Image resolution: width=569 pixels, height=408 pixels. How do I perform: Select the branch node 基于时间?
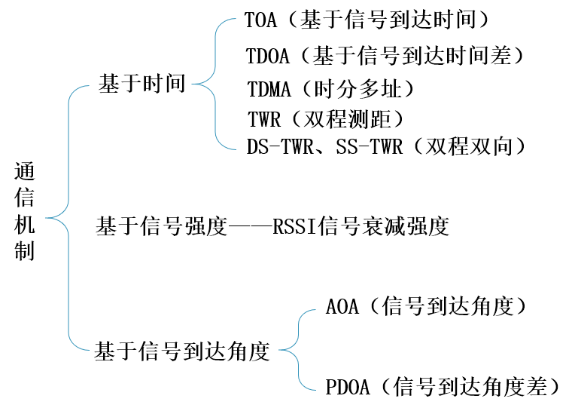[141, 84]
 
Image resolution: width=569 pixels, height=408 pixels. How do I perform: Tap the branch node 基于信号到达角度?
[181, 351]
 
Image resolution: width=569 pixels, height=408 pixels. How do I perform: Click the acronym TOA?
[260, 21]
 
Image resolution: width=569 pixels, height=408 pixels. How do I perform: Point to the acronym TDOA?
[266, 56]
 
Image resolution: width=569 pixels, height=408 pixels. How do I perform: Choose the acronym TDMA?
[268, 89]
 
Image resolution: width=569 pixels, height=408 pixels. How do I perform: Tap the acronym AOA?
[343, 307]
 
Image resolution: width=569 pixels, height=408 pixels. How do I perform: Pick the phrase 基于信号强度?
[161, 226]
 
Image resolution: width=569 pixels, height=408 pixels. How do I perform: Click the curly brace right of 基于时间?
[215, 84]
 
